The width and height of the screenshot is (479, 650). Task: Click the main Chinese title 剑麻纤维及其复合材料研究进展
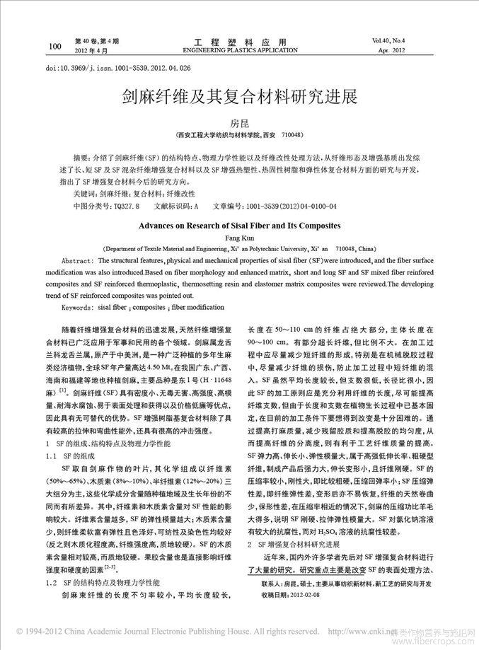tap(239, 97)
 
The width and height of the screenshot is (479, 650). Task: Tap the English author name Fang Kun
tap(239, 238)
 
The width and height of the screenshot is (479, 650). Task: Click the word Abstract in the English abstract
tap(78, 260)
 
